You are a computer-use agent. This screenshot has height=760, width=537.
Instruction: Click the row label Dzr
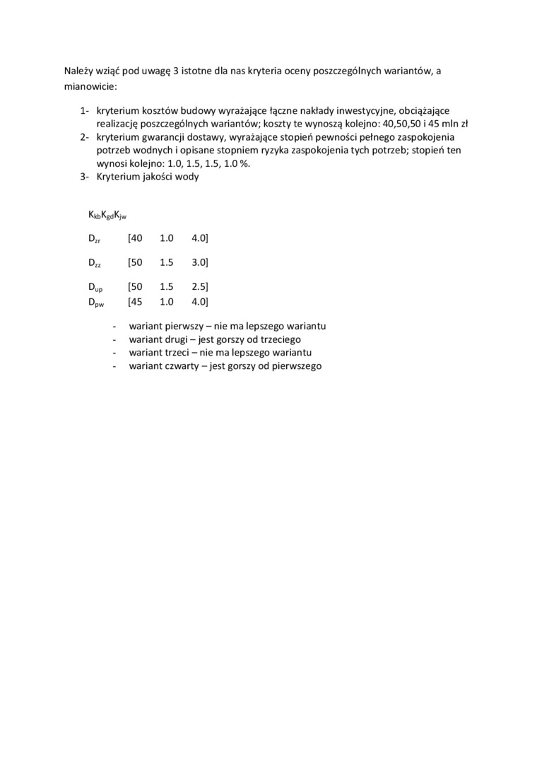pos(95,240)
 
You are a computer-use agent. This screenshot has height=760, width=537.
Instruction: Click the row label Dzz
pos(95,263)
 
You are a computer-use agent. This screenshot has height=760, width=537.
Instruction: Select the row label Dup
pos(95,287)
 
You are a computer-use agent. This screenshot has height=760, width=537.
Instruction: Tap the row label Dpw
pos(96,303)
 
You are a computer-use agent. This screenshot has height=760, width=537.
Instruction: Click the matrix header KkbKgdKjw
pos(107,215)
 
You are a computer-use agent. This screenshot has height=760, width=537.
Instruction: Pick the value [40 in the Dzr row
pos(135,239)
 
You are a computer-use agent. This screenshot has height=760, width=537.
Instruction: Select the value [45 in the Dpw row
pos(135,302)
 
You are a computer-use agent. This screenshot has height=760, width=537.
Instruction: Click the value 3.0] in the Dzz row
pos(199,262)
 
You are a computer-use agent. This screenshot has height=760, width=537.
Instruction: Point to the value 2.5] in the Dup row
pos(199,286)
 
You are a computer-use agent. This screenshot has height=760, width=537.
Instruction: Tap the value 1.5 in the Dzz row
pos(167,262)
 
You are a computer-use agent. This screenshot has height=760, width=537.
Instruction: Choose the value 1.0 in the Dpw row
pos(167,302)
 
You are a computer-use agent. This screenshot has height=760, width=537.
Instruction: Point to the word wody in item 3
pos(188,177)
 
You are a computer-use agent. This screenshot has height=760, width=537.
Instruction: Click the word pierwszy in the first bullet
pos(182,327)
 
